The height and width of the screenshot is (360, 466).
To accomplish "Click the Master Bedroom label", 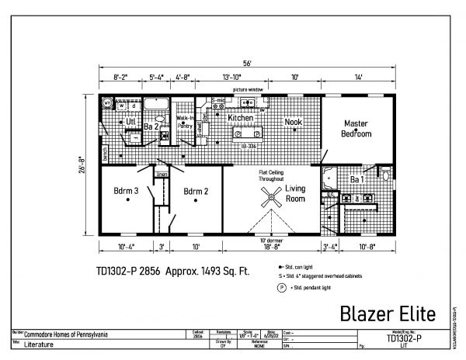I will tap(356, 129).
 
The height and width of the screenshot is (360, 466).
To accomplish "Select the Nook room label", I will tap(293, 122).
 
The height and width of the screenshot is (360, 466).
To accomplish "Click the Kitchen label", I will tap(241, 118).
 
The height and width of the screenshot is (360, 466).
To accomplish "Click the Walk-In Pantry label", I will tap(185, 123).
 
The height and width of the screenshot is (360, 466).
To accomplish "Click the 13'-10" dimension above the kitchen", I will tap(231, 78).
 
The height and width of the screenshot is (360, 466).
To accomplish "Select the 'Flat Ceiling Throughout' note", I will tap(274, 175).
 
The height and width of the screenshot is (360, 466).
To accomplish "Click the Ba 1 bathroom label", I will tap(358, 180).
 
